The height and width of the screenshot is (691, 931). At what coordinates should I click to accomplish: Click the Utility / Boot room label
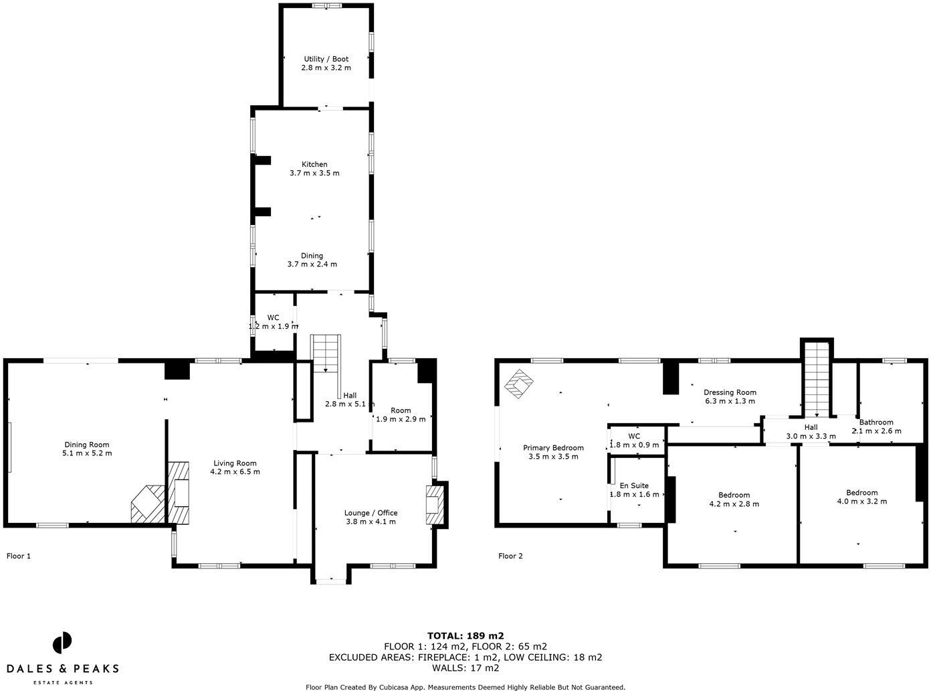tap(326, 63)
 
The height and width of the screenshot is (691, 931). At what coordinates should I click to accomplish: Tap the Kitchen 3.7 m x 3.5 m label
tap(314, 169)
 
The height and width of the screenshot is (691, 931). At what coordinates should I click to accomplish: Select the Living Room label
tap(235, 467)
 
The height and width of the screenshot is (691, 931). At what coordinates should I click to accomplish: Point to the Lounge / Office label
tap(371, 517)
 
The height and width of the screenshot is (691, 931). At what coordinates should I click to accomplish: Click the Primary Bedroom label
tap(553, 452)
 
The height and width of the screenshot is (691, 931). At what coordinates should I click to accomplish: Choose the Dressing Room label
tap(730, 396)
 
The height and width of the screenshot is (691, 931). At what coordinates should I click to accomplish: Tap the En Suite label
tap(634, 489)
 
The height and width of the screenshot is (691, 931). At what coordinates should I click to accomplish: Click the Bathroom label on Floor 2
tap(876, 427)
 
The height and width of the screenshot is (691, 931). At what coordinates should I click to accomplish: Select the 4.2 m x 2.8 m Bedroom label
tap(734, 500)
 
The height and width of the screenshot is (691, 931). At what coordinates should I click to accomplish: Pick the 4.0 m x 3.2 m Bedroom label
tap(862, 497)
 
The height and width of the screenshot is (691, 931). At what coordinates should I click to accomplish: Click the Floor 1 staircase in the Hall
tap(326, 354)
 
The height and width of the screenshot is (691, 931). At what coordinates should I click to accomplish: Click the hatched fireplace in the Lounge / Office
tap(435, 505)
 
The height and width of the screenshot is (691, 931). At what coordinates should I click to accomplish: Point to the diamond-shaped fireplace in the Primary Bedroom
tap(519, 384)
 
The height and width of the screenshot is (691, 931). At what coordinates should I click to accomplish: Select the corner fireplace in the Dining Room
tap(148, 504)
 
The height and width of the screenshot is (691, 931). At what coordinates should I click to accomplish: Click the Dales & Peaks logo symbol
tap(62, 643)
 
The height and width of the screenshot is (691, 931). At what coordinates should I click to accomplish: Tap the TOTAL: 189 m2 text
tap(465, 636)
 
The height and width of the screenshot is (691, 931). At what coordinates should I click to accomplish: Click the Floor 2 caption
tap(510, 556)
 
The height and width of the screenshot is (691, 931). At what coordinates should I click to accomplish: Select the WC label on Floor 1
tap(274, 321)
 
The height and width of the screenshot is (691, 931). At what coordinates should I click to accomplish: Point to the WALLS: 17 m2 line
tap(465, 668)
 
